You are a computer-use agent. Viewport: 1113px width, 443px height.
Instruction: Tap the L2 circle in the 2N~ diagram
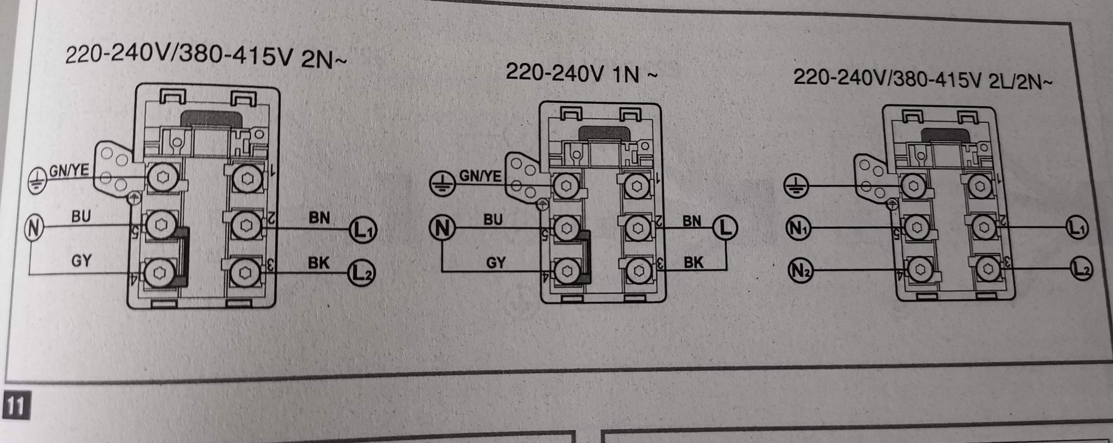coord(361,273)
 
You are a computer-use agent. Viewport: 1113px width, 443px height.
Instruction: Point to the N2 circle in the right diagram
coord(800,270)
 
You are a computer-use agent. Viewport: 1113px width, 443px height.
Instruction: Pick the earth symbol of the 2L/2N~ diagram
coord(796,187)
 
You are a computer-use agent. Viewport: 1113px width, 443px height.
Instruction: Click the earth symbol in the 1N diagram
coord(442,184)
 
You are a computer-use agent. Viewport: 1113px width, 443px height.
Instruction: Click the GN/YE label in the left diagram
coord(69,170)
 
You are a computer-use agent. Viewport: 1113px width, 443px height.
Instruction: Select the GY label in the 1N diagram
coord(496,263)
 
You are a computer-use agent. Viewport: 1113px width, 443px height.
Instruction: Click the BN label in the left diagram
coord(319,217)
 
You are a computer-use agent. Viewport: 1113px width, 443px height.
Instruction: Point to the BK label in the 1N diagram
coord(693,262)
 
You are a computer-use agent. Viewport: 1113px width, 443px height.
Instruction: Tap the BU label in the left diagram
coord(81,216)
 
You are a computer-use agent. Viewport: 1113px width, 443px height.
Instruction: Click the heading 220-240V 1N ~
coord(581,73)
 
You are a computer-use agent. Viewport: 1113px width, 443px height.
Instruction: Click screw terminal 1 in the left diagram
coord(247,179)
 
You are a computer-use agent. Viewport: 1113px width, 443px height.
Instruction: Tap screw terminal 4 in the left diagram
coord(160,273)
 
